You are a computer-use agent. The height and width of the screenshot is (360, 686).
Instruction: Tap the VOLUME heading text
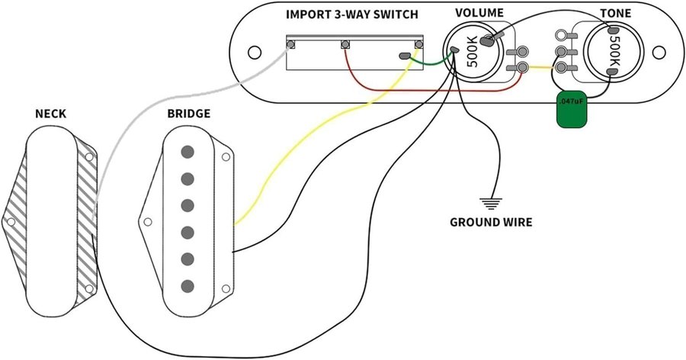(x=479, y=14)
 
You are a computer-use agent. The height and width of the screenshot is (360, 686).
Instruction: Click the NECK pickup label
(x=51, y=114)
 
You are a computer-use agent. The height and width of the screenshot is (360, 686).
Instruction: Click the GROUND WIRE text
(x=491, y=223)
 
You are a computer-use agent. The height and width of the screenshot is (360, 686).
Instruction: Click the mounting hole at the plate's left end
(x=253, y=53)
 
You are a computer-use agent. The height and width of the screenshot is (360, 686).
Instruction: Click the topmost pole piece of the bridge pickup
(x=186, y=152)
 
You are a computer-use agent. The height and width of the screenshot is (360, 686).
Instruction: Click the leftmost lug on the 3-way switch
(x=290, y=45)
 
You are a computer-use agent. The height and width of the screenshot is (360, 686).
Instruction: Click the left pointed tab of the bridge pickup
(x=146, y=223)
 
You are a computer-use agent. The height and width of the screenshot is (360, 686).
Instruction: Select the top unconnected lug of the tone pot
(x=562, y=35)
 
